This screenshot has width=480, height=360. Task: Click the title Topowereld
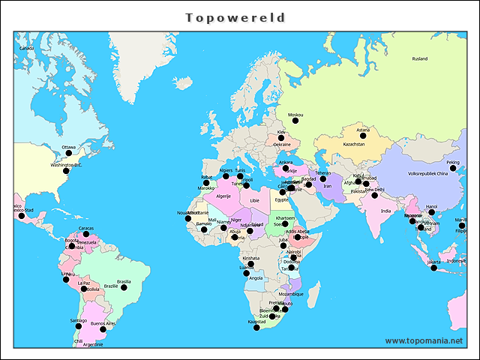click(235, 16)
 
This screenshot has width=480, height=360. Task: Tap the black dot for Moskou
click(295, 120)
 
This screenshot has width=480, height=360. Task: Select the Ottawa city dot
click(69, 153)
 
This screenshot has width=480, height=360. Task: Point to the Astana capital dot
click(363, 136)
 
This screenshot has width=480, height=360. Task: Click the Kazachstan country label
click(354, 144)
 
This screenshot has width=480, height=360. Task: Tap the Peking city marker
click(453, 168)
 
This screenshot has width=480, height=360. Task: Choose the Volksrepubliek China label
click(427, 173)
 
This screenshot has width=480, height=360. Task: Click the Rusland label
click(420, 58)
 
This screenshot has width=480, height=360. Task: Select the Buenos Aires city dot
click(103, 329)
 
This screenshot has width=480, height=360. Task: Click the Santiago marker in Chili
click(79, 326)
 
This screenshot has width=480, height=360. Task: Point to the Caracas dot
click(86, 234)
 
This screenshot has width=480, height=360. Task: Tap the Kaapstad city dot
click(257, 327)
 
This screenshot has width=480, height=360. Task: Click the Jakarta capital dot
click(433, 268)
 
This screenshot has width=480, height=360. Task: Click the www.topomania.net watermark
click(424, 340)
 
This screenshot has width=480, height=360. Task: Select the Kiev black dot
click(282, 138)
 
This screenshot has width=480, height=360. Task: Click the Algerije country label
click(223, 196)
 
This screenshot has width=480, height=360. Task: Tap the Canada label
click(27, 48)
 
